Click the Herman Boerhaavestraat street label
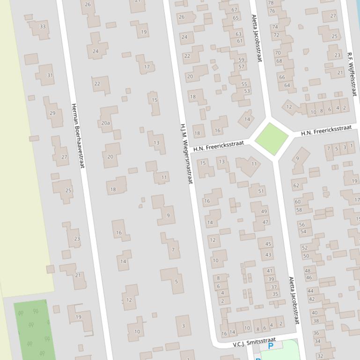tap(77, 136)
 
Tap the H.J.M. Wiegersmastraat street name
tap(186, 153)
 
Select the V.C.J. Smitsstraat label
tap(254, 342)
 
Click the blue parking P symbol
tap(271, 346)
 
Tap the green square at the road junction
tap(272, 139)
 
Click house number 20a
tap(106, 123)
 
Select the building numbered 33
tap(43, 27)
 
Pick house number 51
tap(261, 191)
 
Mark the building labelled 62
tap(296, 186)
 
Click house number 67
tap(235, 10)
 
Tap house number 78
tap(271, 3)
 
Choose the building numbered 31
tap(50, 75)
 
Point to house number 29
tap(52, 113)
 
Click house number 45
tap(268, 244)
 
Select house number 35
tap(275, 294)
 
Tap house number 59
tap(242, 60)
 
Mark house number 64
tap(287, 85)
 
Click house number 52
tap(305, 248)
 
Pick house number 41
tap(270, 271)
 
